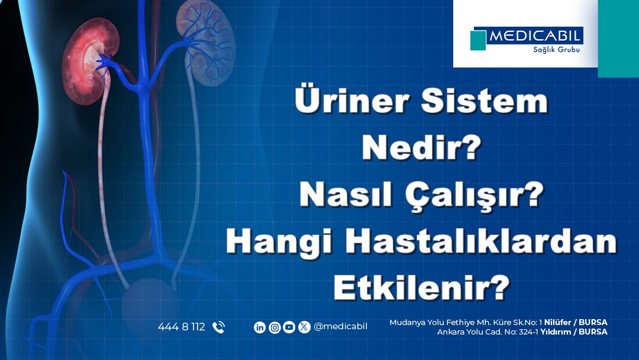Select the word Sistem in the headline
485,100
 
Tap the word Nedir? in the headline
422,147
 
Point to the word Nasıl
346,194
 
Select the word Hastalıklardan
481,242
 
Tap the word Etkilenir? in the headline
422,287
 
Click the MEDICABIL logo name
534,36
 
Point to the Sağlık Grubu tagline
556,50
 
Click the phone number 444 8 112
182,327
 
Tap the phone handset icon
218,327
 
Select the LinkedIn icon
260,327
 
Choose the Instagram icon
275,327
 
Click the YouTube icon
289,327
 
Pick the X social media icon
304,327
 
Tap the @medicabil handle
340,327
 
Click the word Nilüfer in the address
557,323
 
